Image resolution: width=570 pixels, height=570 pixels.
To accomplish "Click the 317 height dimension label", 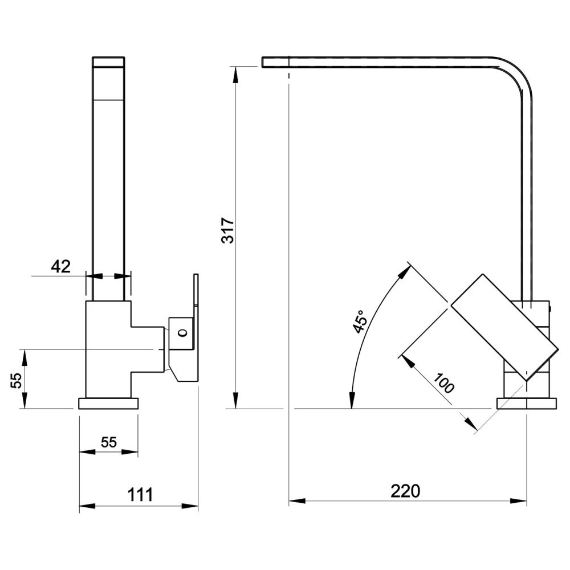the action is (x=229, y=230).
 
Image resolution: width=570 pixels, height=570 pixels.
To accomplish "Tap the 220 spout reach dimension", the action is (x=405, y=491).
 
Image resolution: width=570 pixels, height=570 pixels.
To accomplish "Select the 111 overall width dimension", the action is (x=140, y=495).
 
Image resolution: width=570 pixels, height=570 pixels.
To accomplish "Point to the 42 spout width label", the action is (x=61, y=266).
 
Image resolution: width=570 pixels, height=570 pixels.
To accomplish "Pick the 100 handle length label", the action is (x=443, y=383).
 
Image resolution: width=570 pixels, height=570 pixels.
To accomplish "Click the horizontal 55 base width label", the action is (x=109, y=442).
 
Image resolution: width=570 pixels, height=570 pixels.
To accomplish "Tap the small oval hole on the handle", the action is (x=183, y=332).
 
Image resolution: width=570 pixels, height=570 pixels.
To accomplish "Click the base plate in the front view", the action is (x=109, y=404).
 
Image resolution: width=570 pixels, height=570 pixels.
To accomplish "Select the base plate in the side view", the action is (x=527, y=404).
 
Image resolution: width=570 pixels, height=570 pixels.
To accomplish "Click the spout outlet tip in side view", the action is (x=275, y=62).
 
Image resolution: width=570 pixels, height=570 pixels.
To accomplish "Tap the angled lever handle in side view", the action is (x=504, y=328).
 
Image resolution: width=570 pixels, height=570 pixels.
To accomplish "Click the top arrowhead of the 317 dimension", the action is (x=236, y=74).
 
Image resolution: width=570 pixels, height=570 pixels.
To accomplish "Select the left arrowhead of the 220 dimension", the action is (x=297, y=501).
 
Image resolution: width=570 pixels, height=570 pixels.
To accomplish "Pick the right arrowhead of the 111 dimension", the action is (x=190, y=506).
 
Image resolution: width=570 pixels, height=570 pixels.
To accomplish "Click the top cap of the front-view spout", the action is (x=109, y=62).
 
